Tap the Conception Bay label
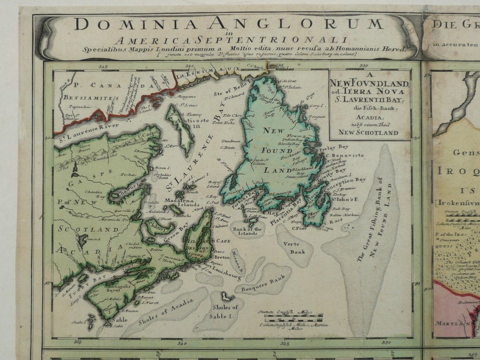point(347,180)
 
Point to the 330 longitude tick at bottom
point(387,343)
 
